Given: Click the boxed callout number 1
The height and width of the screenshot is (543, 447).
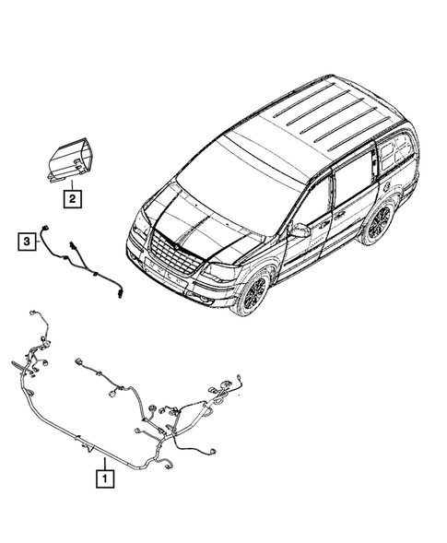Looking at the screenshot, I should [x=107, y=478].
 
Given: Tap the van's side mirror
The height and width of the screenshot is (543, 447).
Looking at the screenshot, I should [x=300, y=230].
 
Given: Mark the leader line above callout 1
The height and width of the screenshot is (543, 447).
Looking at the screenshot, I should [x=107, y=462].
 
